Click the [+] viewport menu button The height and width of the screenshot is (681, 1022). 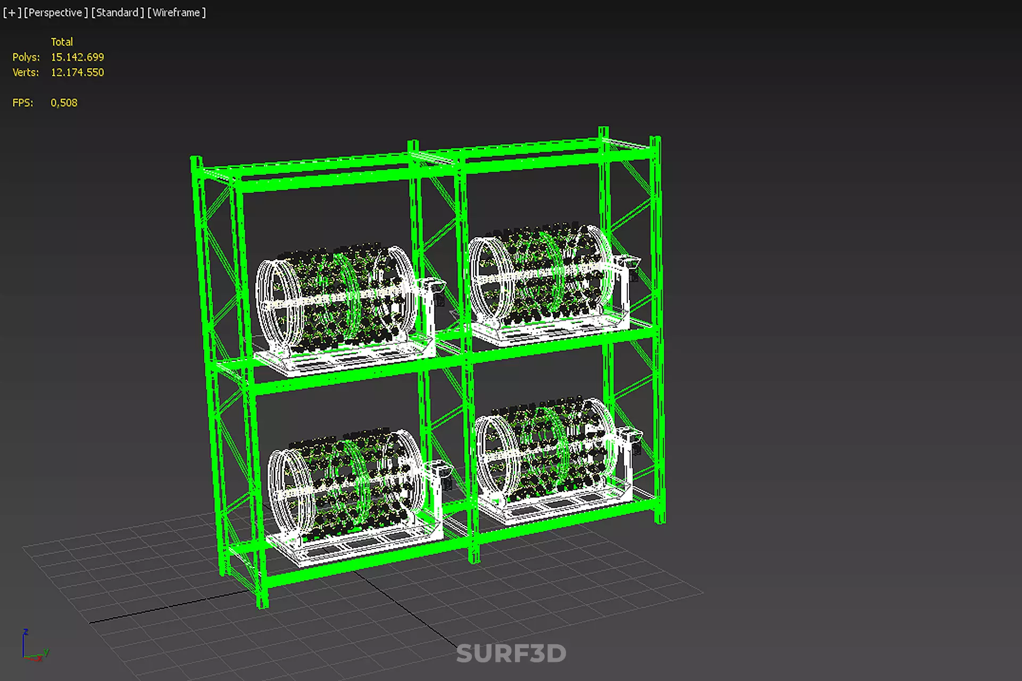pos(12,12)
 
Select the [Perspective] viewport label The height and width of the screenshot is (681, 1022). pos(55,12)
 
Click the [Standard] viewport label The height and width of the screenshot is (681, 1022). pos(117,12)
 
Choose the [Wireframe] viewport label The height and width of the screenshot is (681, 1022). pos(176,12)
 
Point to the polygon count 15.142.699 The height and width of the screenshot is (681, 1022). pos(77,57)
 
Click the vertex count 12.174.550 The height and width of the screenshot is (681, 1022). pos(77,72)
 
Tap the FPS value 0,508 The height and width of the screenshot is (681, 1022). pos(64,103)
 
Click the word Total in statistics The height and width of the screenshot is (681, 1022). pos(62,41)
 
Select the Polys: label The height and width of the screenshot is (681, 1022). pos(26,57)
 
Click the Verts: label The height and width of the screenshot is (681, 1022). pos(26,72)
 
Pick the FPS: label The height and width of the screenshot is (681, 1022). pos(23,103)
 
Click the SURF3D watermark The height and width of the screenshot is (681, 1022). pos(511,653)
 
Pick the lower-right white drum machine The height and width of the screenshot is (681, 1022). pos(553,458)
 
